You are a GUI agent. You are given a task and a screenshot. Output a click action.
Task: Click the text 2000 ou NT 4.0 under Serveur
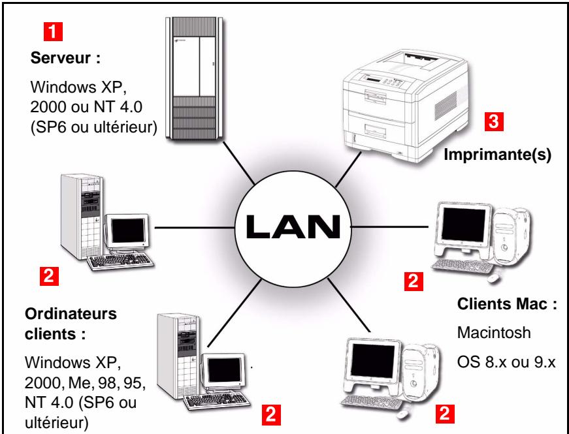[85, 108]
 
